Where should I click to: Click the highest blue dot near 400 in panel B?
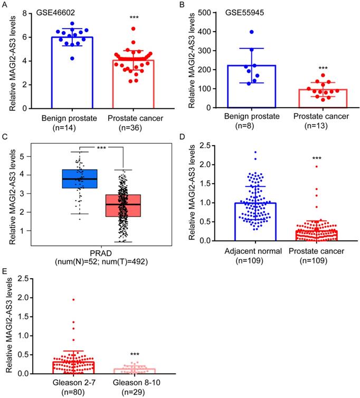(x=251, y=32)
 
